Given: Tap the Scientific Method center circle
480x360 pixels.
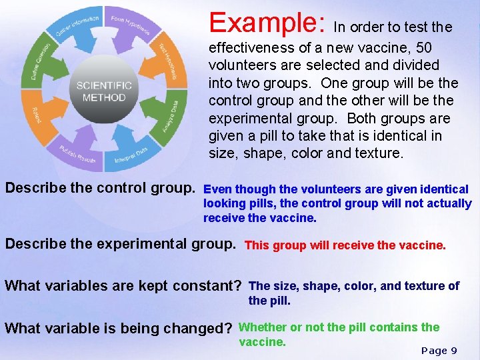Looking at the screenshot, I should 104,91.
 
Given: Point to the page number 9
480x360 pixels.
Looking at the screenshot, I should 453,351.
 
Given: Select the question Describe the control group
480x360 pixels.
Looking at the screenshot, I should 100,189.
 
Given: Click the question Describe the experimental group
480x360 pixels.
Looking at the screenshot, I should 121,244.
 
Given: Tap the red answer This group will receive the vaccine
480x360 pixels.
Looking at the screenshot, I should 345,245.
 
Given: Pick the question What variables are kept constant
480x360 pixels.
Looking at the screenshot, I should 123,286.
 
